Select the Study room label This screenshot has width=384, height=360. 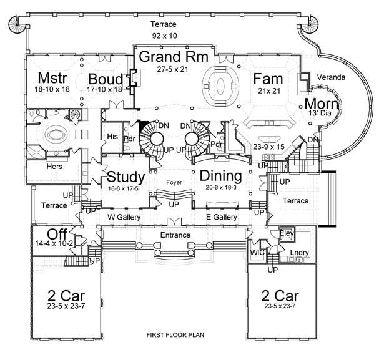126,176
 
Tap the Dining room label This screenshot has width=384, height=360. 221,176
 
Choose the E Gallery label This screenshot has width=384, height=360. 222,217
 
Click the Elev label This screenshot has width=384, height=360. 287,233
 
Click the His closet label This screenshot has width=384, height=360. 113,136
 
